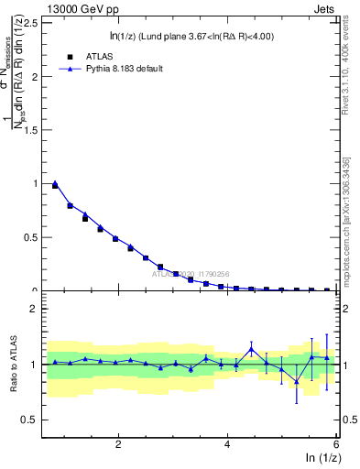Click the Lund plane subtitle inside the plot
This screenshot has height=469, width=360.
tap(190, 37)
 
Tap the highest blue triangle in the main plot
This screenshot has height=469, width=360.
tap(55, 183)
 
